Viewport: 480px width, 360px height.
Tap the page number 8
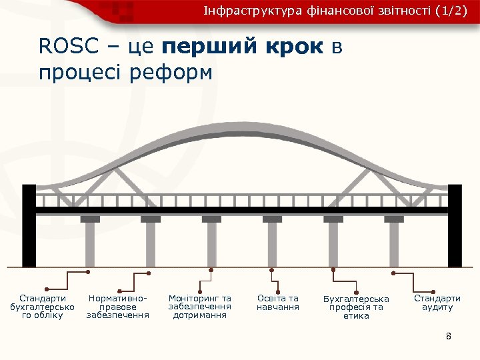[449, 336]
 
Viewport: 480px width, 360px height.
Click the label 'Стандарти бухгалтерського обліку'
[43, 307]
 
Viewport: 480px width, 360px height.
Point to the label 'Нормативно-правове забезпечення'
[118, 307]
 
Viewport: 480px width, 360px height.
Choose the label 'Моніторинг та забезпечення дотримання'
[200, 307]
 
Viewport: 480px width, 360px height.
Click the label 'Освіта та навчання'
[278, 303]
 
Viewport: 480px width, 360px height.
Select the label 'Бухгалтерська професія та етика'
[356, 307]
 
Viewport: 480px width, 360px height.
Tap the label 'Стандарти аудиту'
[437, 303]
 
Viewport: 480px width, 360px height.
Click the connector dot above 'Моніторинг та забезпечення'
[211, 270]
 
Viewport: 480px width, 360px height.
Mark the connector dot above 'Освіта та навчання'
[272, 270]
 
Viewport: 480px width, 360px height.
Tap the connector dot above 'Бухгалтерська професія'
[333, 270]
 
